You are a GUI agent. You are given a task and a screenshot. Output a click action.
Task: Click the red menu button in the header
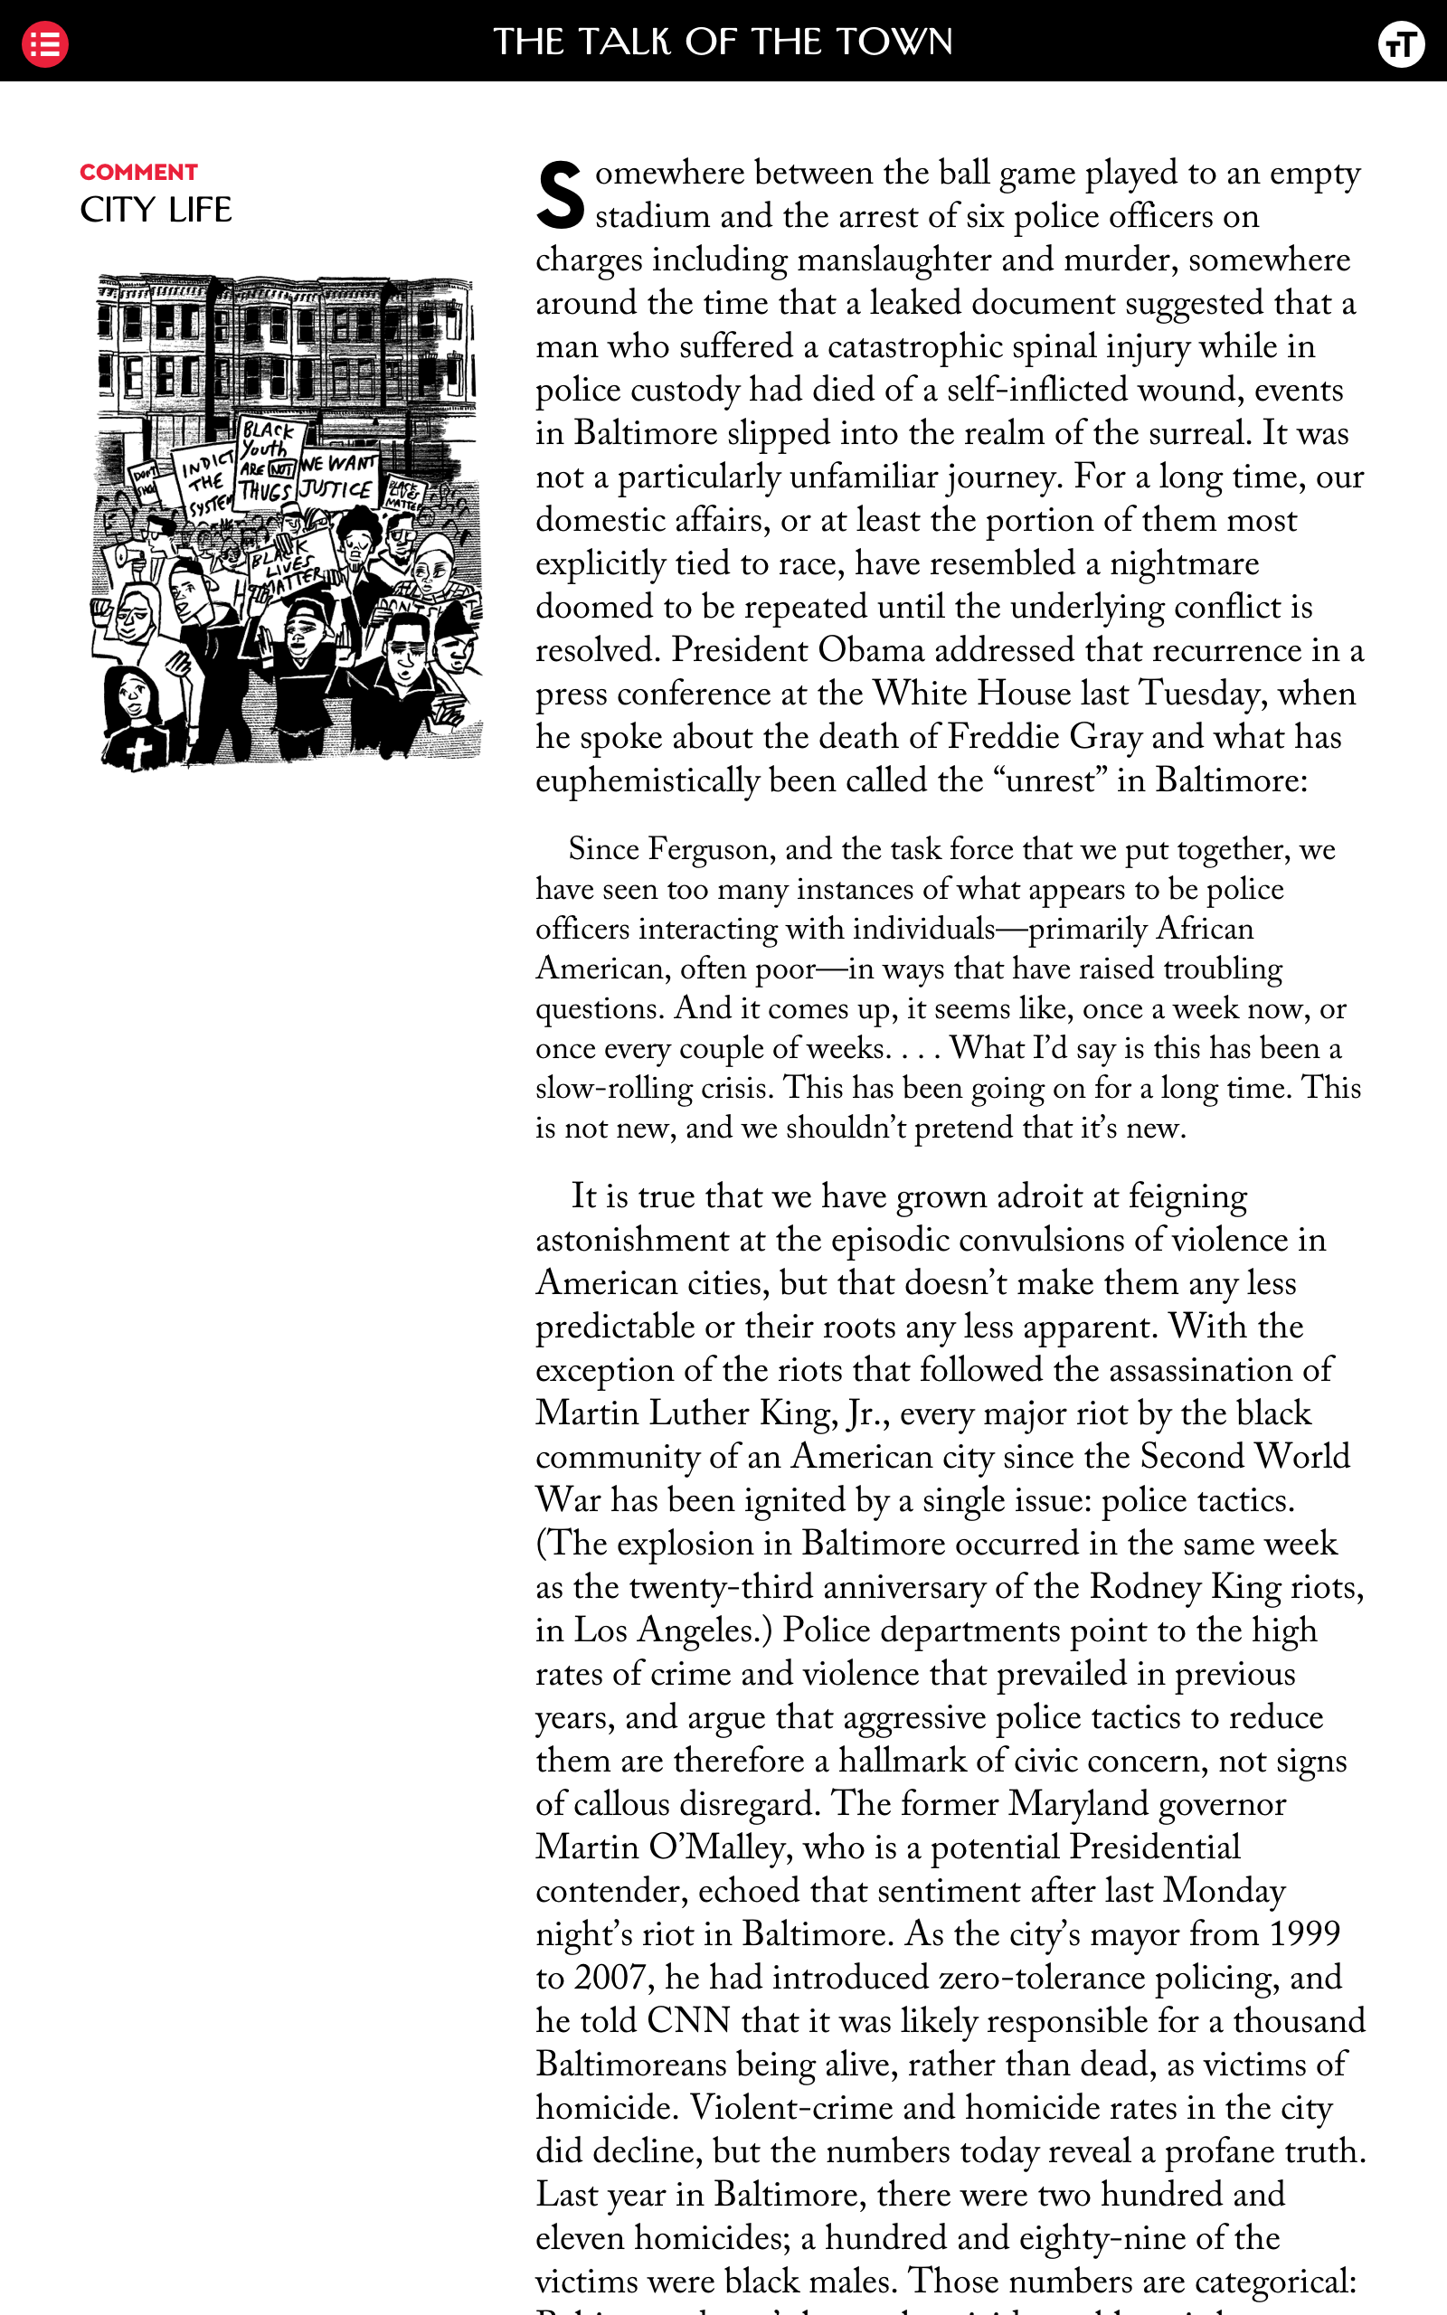44,44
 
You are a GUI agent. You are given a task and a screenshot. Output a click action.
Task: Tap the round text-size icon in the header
1401,44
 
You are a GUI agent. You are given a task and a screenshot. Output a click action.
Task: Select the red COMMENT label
138,172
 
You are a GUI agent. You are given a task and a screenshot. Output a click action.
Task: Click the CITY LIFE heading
155,210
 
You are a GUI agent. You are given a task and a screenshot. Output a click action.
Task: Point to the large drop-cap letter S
560,195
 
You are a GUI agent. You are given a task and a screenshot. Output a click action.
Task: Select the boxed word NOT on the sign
282,468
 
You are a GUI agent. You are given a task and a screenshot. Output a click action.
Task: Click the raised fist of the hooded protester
102,611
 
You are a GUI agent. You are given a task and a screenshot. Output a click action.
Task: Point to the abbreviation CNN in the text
687,2020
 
